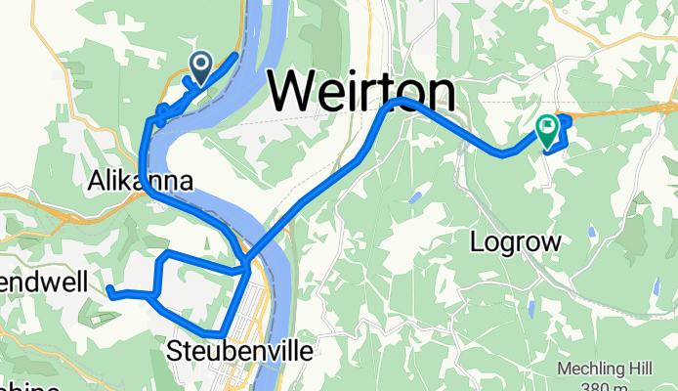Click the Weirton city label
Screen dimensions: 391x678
[362, 93]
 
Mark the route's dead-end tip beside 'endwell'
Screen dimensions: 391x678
[109, 288]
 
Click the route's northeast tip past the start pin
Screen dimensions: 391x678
[235, 55]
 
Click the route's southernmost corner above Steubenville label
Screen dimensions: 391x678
[223, 332]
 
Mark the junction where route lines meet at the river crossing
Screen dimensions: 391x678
[244, 261]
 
